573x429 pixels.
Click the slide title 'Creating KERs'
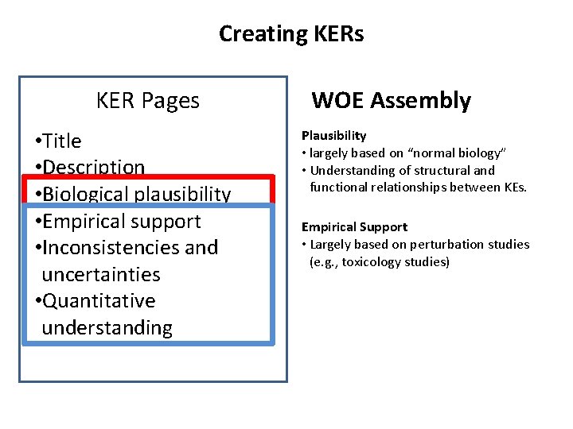pos(291,34)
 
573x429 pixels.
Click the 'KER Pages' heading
pos(147,101)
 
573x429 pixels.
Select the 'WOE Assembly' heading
pos(391,101)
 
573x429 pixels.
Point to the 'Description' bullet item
pos(93,168)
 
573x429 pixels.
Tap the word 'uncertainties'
pos(100,275)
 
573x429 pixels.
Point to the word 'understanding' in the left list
pos(107,328)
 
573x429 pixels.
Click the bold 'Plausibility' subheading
pos(333,136)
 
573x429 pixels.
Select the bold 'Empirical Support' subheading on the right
pos(354,227)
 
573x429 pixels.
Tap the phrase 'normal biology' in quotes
pos(462,153)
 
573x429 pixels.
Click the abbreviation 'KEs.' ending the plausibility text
pos(513,187)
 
